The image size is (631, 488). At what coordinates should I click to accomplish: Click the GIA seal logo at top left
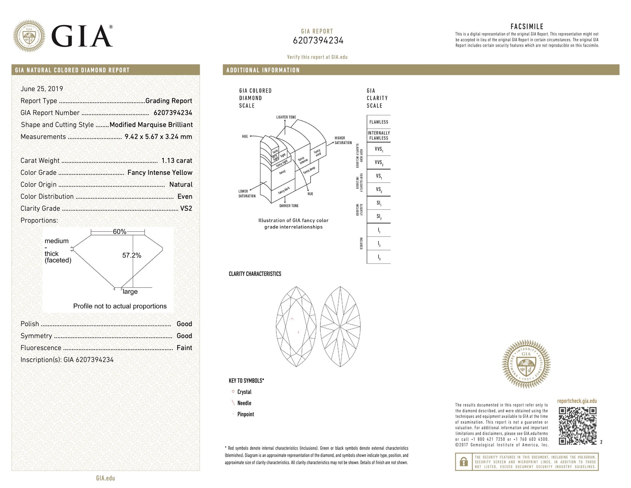[x=29, y=36]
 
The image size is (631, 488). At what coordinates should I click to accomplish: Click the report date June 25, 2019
[x=42, y=89]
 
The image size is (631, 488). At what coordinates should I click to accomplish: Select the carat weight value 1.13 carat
[x=177, y=161]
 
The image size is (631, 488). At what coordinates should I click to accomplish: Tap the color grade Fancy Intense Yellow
[x=160, y=173]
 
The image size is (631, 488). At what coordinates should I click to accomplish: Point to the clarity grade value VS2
[x=186, y=208]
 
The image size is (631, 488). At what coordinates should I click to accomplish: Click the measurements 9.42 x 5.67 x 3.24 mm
[x=158, y=136]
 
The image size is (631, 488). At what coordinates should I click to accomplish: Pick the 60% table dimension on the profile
[x=119, y=232]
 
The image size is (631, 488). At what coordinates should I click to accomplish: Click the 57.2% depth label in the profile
[x=131, y=255]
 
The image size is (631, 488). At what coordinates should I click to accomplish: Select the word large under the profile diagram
[x=130, y=291]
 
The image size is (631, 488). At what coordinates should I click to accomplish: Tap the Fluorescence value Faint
[x=184, y=348]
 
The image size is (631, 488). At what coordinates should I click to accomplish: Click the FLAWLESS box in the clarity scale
[x=379, y=122]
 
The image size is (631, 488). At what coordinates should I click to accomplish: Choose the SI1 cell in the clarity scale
[x=379, y=203]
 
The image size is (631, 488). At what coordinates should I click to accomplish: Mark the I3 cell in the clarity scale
[x=379, y=257]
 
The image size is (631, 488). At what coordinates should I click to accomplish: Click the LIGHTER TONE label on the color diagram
[x=286, y=117]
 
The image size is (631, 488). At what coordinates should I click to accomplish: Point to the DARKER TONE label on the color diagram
[x=289, y=206]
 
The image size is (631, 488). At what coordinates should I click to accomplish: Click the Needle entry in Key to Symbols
[x=244, y=403]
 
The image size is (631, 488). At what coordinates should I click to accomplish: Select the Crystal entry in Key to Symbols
[x=244, y=392]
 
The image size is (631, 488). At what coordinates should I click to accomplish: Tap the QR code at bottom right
[x=577, y=426]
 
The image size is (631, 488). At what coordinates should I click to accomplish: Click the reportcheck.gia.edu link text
[x=577, y=401]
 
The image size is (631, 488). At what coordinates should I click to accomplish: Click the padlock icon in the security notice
[x=464, y=461]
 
